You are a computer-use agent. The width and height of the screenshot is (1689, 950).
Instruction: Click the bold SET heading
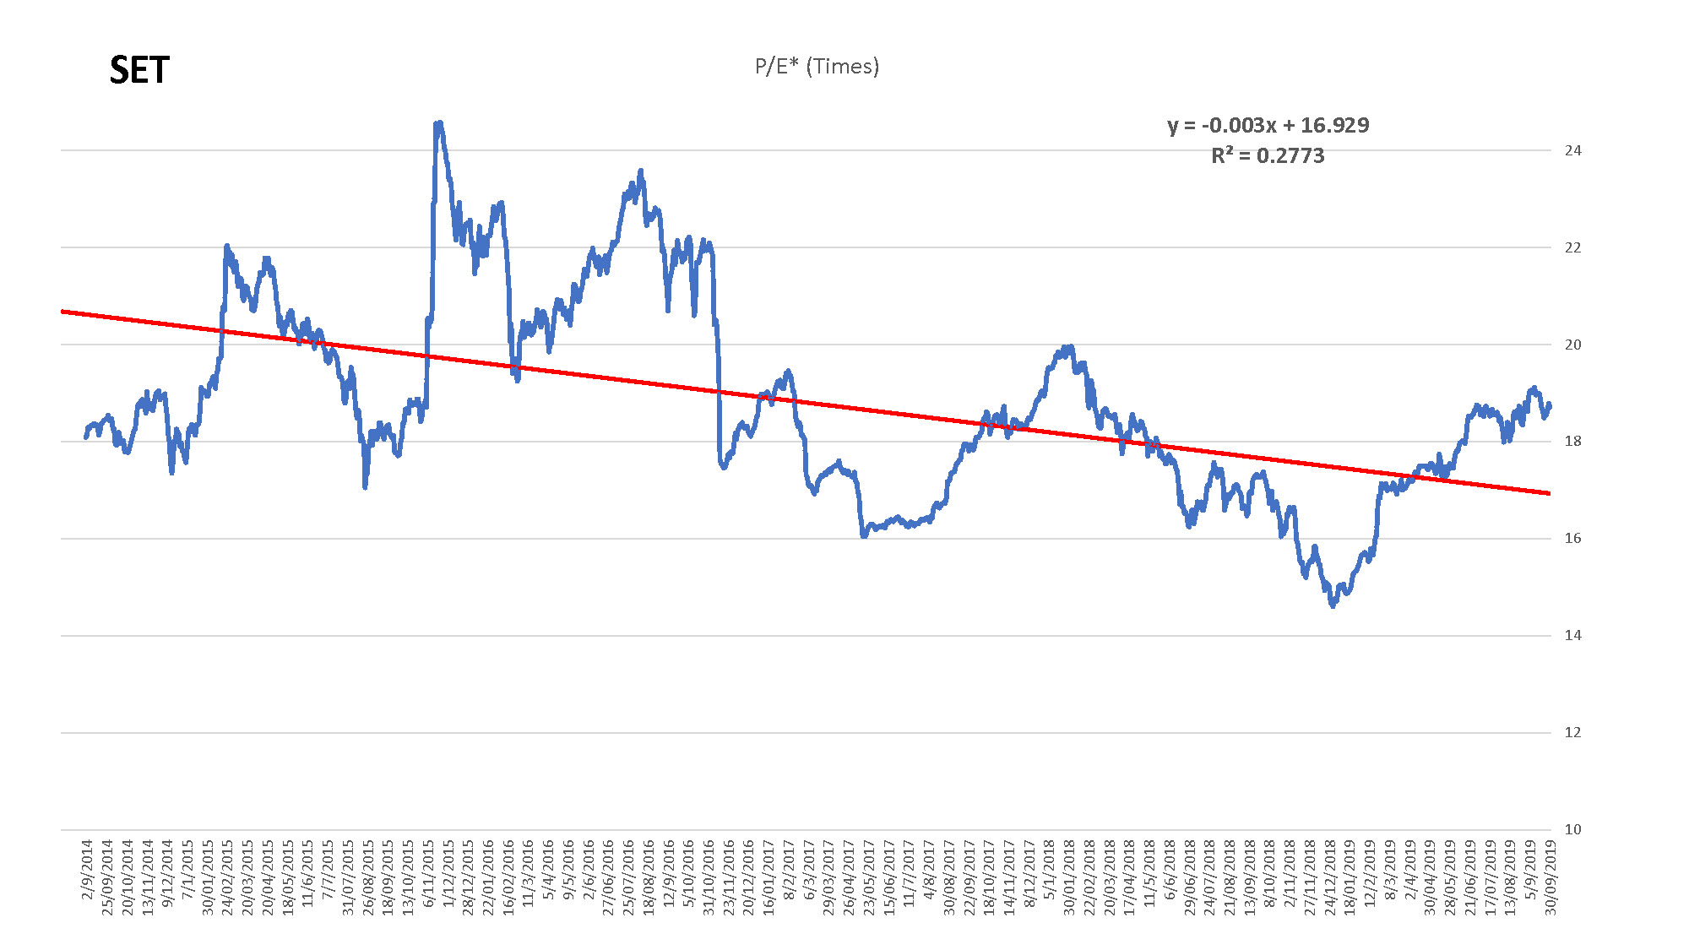click(x=139, y=70)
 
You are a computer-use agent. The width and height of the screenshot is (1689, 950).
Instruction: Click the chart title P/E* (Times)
click(x=817, y=67)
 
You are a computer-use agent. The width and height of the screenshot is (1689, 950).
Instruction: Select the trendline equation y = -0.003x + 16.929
click(x=1268, y=125)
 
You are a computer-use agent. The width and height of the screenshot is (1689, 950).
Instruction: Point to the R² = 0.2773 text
click(x=1268, y=155)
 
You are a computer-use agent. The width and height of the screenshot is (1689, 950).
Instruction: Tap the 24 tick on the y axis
click(x=1572, y=150)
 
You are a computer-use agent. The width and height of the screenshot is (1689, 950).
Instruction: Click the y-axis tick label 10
click(x=1572, y=829)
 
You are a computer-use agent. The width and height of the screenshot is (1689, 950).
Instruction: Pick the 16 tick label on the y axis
click(x=1572, y=538)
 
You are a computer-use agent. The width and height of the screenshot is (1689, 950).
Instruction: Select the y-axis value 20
click(x=1572, y=345)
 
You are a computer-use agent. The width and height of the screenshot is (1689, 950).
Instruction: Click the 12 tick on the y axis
click(x=1572, y=732)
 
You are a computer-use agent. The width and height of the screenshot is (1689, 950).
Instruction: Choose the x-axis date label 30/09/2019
click(x=1551, y=877)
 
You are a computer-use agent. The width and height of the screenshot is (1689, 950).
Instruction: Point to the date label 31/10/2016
click(x=709, y=877)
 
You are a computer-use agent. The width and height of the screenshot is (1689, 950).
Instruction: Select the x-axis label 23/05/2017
click(x=870, y=877)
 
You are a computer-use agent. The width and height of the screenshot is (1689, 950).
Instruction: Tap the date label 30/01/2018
click(x=1070, y=877)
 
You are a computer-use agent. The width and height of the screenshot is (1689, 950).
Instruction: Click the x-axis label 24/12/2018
click(x=1330, y=877)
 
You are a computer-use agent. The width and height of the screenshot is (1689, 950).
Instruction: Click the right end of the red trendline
click(x=1550, y=493)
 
